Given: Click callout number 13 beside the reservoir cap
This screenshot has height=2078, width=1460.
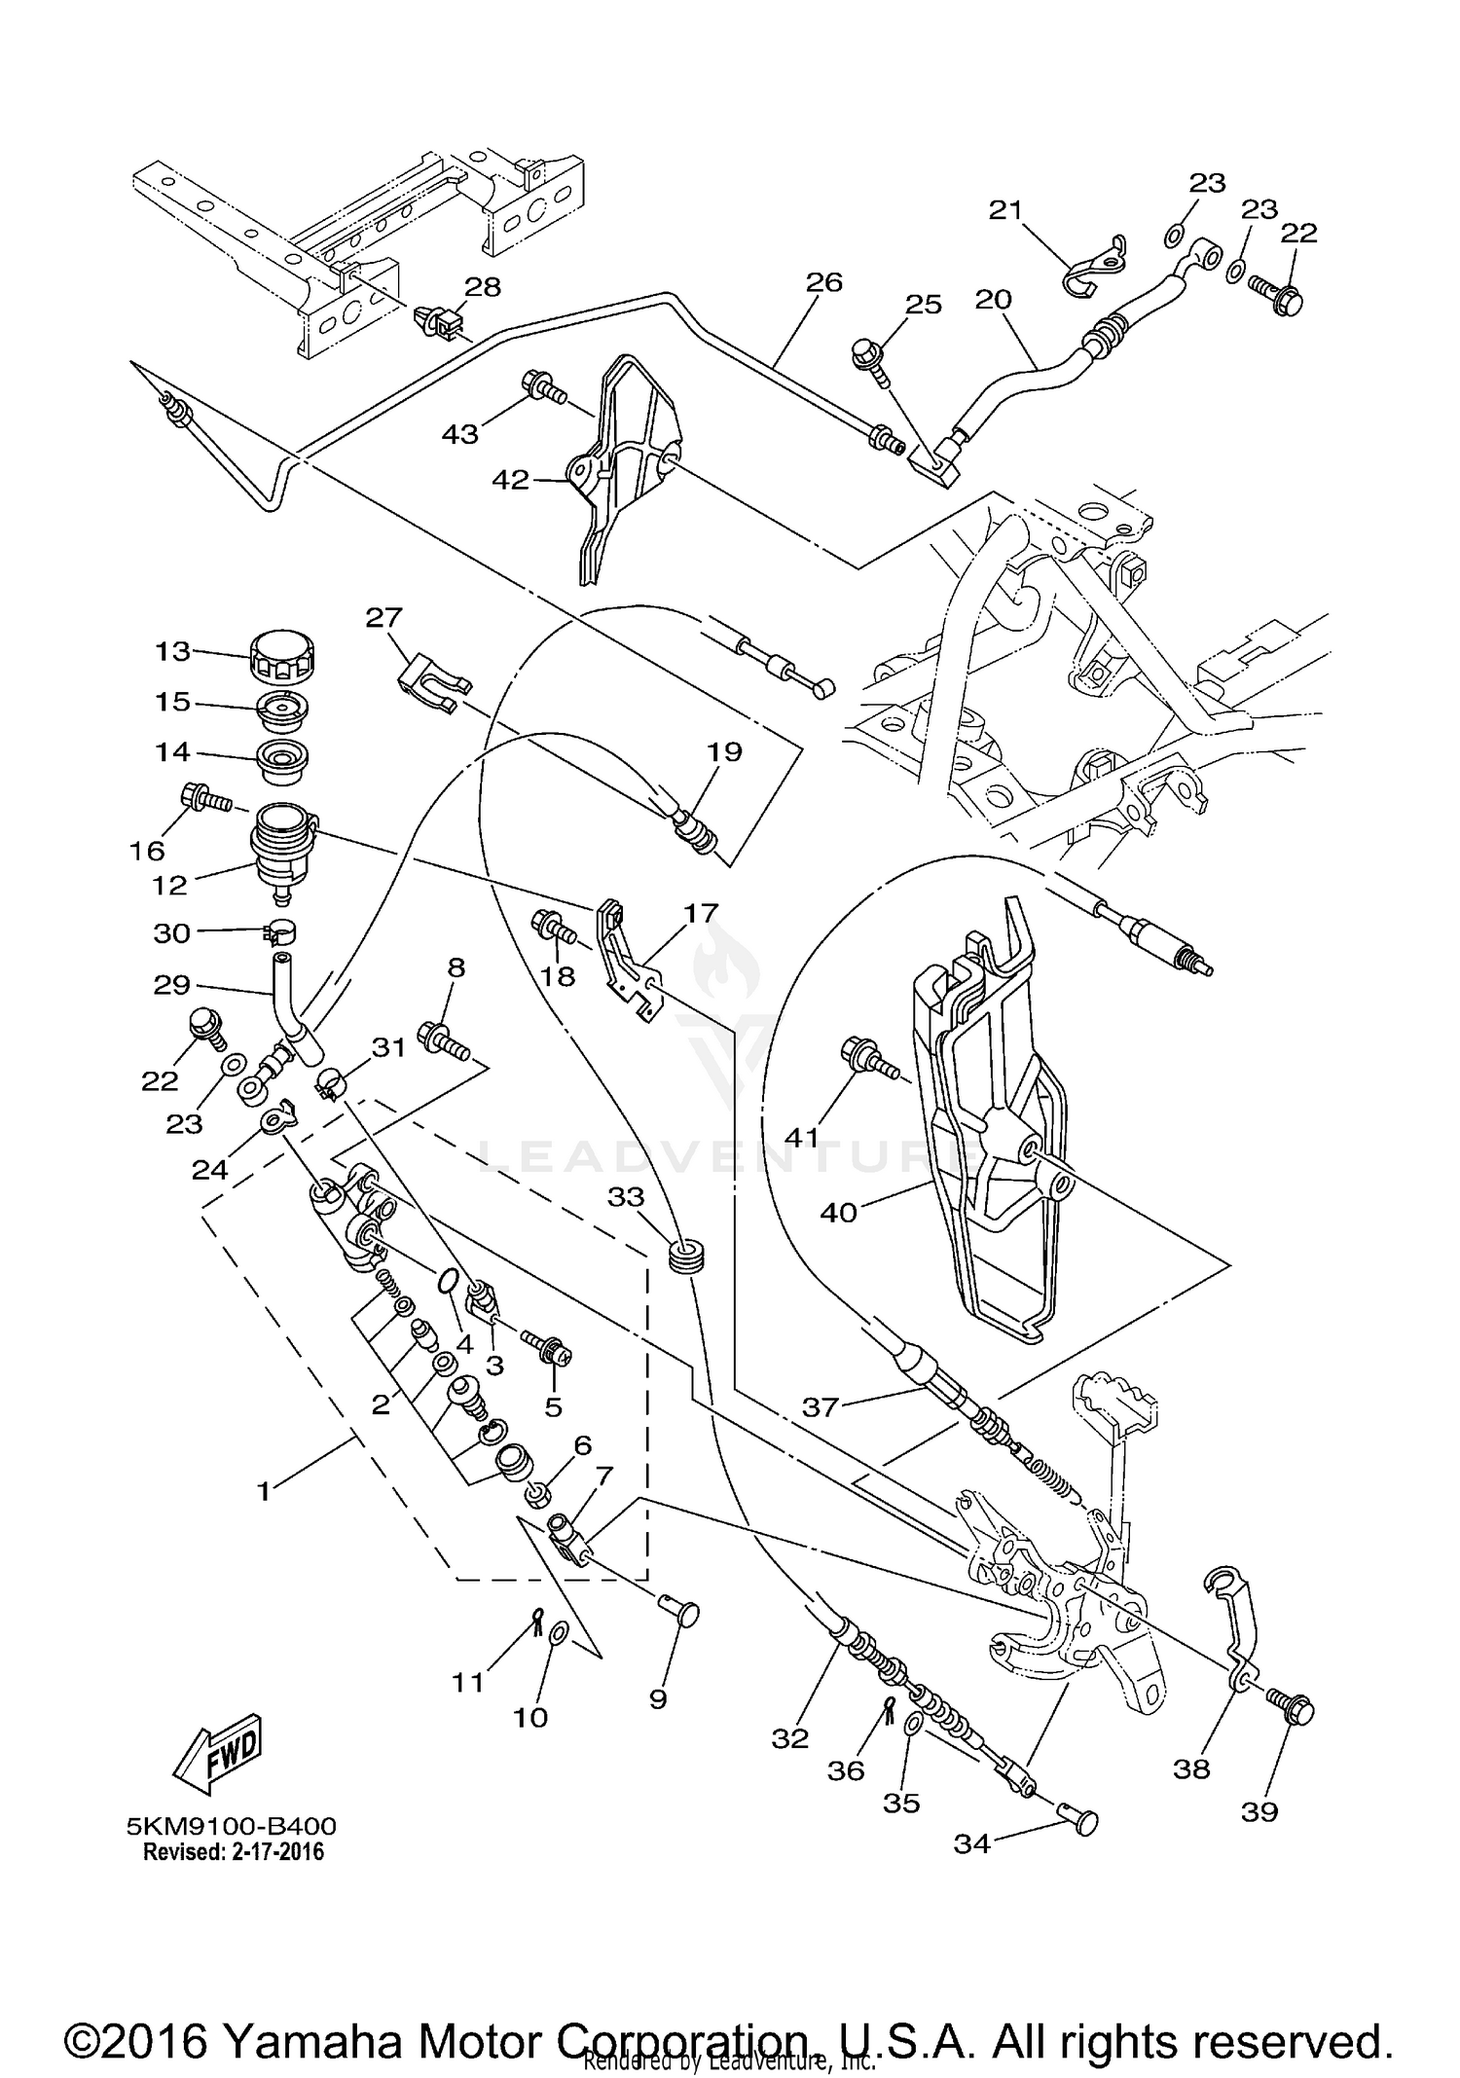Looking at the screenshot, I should pos(172,650).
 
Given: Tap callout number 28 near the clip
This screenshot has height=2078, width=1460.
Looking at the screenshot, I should pos(482,287).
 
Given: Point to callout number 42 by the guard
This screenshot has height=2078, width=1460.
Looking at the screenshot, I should pos(511,480).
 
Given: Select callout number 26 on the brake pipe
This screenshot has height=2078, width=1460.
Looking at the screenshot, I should pos(823,282).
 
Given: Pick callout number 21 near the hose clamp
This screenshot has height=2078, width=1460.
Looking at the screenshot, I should pos(1006,209).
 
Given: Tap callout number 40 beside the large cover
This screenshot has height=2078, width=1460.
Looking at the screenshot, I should pos(838,1213).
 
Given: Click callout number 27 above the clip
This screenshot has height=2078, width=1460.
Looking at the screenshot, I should pos(384,617).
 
